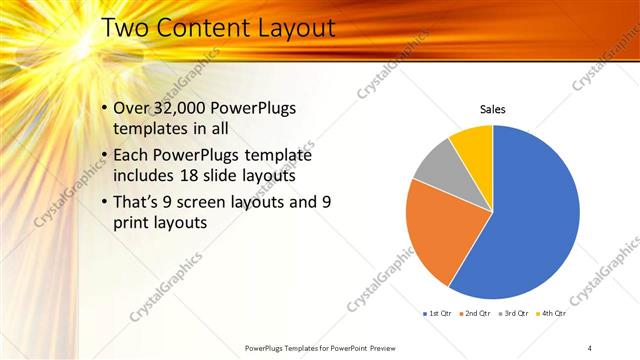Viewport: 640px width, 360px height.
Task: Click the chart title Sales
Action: [x=492, y=109]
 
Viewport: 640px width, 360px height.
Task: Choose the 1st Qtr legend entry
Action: [x=438, y=313]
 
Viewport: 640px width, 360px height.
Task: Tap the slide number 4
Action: [x=590, y=347]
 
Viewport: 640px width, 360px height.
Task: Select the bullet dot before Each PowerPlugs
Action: [x=106, y=156]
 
